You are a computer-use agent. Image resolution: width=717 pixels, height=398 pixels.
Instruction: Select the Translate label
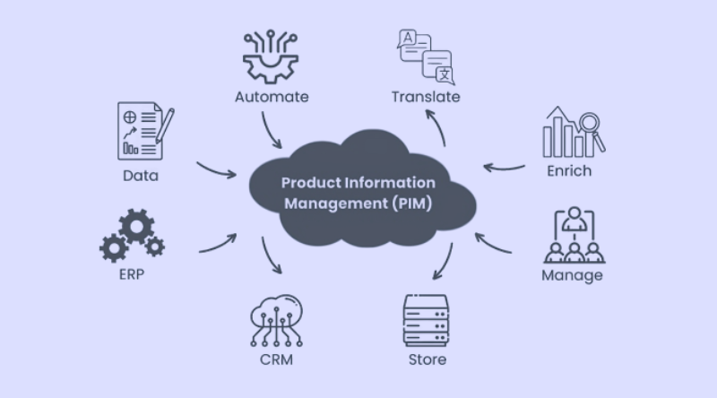(426, 96)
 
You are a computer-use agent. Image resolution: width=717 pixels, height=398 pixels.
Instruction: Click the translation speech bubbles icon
(425, 55)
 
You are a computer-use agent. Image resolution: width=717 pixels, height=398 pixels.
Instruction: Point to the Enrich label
(570, 169)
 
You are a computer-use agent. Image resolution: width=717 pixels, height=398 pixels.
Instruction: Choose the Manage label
(572, 275)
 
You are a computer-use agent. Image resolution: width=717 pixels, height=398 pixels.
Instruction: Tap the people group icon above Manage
(572, 235)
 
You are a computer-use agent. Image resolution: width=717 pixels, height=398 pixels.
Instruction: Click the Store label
(427, 359)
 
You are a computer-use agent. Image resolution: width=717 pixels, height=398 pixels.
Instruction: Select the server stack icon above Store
(426, 319)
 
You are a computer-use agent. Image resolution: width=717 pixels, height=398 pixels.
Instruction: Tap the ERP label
(131, 273)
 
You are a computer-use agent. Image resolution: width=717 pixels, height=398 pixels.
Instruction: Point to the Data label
(140, 176)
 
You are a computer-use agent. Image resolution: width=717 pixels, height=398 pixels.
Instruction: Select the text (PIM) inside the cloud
(412, 203)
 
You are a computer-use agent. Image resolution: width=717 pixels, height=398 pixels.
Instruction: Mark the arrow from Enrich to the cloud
(505, 167)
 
